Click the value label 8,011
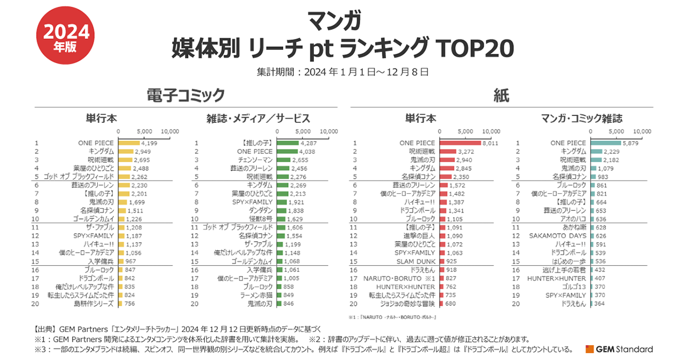coord(490,143)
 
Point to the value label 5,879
coord(631,143)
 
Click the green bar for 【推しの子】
coord(287,143)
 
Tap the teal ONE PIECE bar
coord(605,143)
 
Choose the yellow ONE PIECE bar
coord(129,143)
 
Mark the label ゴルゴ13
coord(573,286)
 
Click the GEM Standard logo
coord(620,349)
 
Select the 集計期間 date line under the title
coord(343,72)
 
